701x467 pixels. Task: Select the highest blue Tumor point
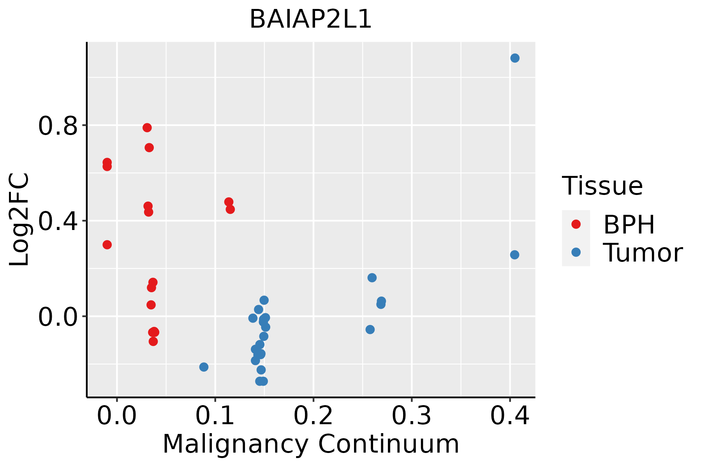pyautogui.click(x=515, y=58)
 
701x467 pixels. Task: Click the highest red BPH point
pyautogui.click(x=147, y=128)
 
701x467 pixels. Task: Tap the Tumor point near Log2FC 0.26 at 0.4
pyautogui.click(x=514, y=255)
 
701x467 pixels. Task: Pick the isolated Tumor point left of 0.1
pyautogui.click(x=204, y=367)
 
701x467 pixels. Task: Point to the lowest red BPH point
pyautogui.click(x=153, y=341)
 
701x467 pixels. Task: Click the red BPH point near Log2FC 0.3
pyautogui.click(x=107, y=245)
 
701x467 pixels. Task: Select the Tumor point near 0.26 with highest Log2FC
pyautogui.click(x=372, y=277)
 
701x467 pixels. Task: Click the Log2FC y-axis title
pyautogui.click(x=19, y=220)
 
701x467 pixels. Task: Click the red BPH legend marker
pyautogui.click(x=576, y=224)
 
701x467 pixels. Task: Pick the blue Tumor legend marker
pyautogui.click(x=576, y=252)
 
